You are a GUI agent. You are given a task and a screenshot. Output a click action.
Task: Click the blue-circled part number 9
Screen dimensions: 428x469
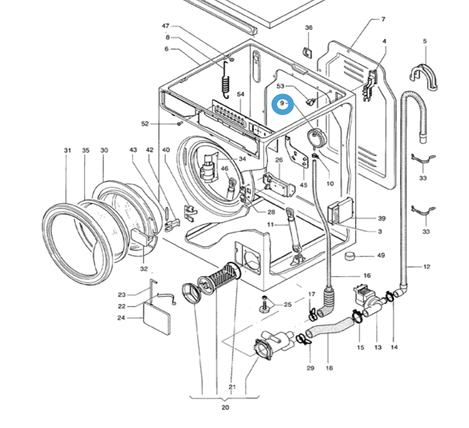(282, 103)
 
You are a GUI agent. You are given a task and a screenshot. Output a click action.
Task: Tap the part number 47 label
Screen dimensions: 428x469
(165, 26)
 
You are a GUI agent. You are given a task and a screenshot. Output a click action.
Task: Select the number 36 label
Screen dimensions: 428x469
(308, 28)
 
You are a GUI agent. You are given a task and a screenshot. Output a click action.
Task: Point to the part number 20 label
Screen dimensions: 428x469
(225, 407)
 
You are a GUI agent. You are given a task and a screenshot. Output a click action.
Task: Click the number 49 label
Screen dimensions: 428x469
(381, 255)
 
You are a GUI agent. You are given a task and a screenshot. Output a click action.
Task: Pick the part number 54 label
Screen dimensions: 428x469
(241, 94)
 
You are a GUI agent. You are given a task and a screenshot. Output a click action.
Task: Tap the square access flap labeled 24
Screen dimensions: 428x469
(157, 318)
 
